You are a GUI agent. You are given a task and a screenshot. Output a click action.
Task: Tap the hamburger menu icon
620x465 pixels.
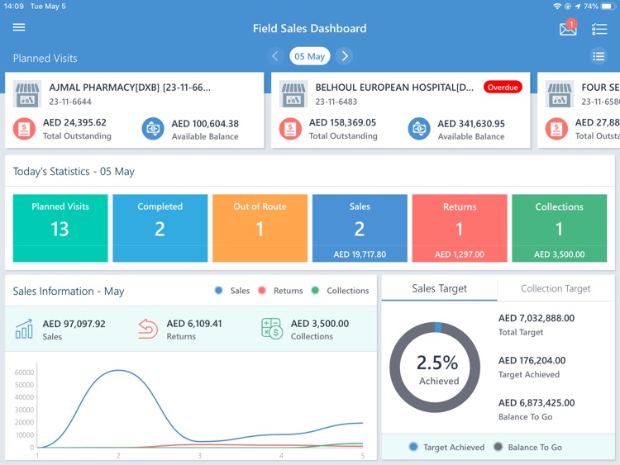tap(19, 27)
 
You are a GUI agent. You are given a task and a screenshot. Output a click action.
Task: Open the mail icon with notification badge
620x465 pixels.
tap(568, 29)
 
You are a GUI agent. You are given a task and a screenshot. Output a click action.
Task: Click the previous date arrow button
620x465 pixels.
tap(276, 56)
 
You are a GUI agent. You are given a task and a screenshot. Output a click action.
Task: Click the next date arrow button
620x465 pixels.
tap(345, 56)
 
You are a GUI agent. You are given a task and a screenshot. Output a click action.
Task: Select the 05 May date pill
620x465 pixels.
tap(310, 56)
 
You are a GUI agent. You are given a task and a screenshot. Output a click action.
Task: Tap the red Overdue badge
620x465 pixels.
tap(503, 88)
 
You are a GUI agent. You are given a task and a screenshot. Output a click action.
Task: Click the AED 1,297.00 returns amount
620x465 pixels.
tap(460, 254)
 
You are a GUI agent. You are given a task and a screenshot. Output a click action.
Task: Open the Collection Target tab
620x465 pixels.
tap(556, 288)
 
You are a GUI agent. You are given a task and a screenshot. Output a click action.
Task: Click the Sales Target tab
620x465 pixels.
tap(439, 288)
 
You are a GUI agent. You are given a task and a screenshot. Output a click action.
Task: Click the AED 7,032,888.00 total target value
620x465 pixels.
tap(536, 318)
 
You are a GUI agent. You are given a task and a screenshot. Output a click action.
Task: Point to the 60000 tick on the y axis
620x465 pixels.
tap(24, 372)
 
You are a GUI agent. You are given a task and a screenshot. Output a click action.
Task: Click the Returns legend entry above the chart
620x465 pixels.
tap(281, 291)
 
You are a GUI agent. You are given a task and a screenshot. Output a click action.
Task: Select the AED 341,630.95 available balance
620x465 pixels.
tap(471, 124)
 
